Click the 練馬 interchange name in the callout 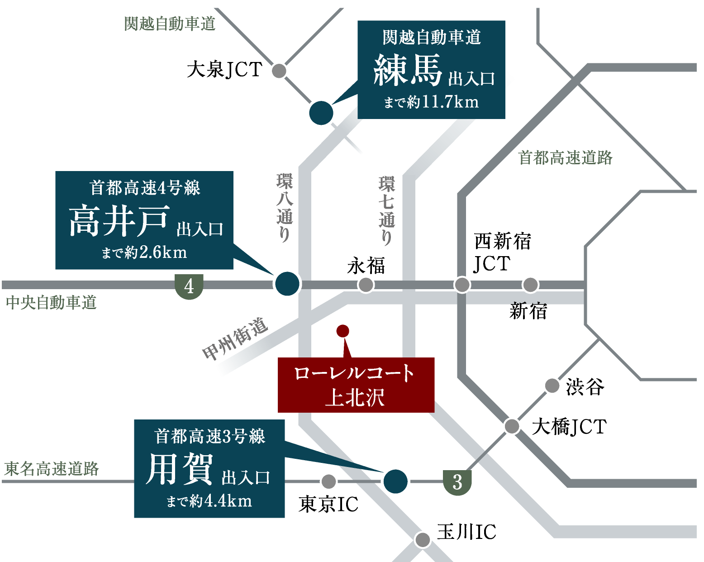click(x=408, y=71)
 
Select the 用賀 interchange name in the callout click(x=180, y=469)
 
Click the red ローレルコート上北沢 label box click(x=356, y=385)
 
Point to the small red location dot click(x=343, y=331)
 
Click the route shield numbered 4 click(x=189, y=286)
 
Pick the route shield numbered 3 click(x=457, y=482)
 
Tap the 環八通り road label click(x=285, y=208)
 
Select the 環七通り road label click(x=387, y=210)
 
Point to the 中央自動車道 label click(x=51, y=302)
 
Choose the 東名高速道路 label click(x=51, y=469)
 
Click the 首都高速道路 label click(x=565, y=158)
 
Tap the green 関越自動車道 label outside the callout click(x=170, y=24)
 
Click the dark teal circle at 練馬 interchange click(x=321, y=113)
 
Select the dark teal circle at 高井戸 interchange click(x=287, y=284)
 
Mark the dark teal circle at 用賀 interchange click(x=395, y=481)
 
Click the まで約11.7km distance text click(x=431, y=102)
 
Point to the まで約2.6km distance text click(x=144, y=252)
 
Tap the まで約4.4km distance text click(x=209, y=501)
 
